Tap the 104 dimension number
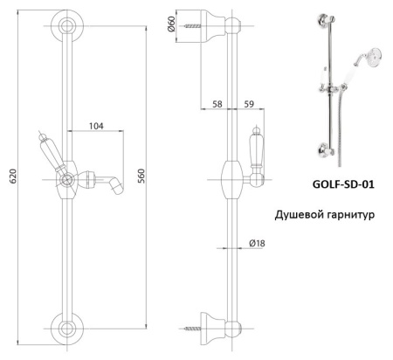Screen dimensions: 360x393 coord(97,128)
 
